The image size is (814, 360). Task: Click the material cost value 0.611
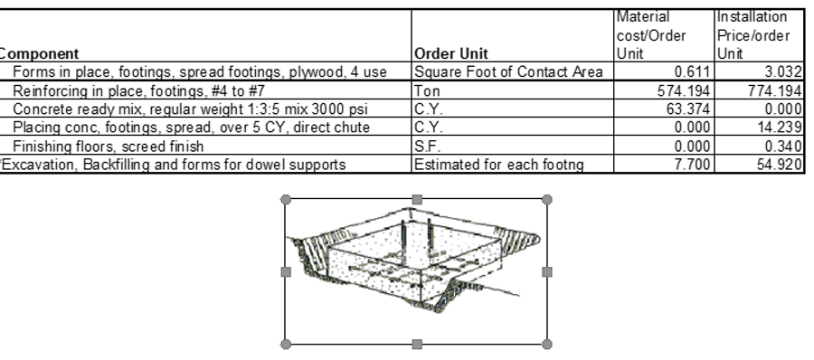(692, 71)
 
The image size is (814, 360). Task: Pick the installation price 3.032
(783, 71)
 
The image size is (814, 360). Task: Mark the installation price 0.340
(783, 145)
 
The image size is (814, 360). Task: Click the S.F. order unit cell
(426, 145)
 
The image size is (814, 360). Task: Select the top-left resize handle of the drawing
(287, 198)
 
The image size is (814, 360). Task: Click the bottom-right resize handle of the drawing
(546, 344)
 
